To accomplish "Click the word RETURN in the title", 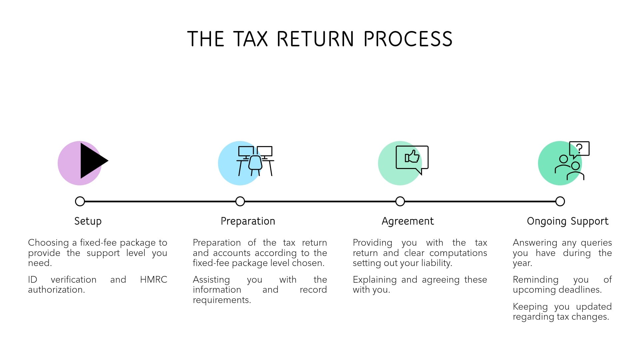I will coord(315,39).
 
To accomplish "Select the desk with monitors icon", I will coord(255,161).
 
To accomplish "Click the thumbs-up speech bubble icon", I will coord(412,158).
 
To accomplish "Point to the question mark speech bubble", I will coord(579,149).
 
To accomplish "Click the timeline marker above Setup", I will coord(80,201).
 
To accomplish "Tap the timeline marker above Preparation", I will coord(240,201).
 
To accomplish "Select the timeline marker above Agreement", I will coord(400,201).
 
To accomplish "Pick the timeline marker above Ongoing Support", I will coord(560,201).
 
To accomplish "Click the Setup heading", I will coord(88,221).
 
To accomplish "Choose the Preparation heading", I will coord(248,221).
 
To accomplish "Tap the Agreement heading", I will coord(408,221).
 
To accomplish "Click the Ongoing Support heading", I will coord(568,221).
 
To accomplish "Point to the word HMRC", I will coord(153,279).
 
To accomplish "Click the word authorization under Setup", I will coord(56,290).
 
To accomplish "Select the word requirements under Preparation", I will coord(221,300).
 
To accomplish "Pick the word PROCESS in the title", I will coord(408,39).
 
